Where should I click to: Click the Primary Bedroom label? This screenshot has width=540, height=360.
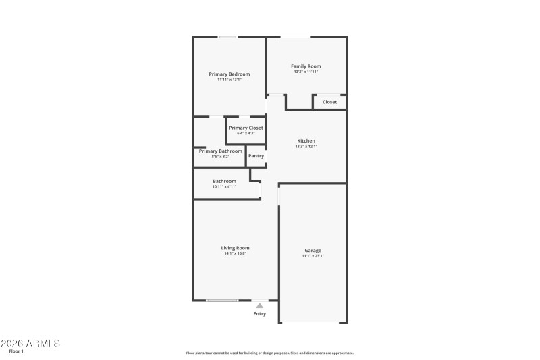point(230,74)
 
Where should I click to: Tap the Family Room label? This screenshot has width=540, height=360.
point(306,66)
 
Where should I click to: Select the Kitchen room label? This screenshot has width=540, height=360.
point(306,140)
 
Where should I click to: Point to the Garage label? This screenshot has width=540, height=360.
point(313,250)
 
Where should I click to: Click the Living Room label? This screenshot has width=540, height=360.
point(236,247)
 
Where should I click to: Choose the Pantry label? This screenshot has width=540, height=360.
point(256,156)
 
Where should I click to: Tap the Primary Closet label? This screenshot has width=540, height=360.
point(246,128)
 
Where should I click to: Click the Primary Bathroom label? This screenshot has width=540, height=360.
point(220,151)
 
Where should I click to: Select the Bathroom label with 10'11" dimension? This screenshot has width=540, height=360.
point(224,181)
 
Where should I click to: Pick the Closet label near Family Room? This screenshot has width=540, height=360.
point(329,102)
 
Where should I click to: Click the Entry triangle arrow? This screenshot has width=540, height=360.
point(260,305)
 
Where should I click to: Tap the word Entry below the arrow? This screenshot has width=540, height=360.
point(260,313)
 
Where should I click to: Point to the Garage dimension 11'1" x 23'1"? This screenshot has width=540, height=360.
point(313,256)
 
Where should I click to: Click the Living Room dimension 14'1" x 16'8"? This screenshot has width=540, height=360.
point(236,253)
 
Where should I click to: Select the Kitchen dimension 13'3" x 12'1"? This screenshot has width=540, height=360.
point(306,147)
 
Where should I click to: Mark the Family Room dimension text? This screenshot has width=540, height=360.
point(306,72)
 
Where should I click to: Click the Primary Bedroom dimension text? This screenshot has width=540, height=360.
point(230,80)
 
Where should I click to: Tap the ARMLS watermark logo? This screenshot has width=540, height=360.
point(30,343)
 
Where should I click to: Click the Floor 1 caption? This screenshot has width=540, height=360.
point(16,351)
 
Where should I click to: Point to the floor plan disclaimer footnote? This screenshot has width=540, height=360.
point(269,353)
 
